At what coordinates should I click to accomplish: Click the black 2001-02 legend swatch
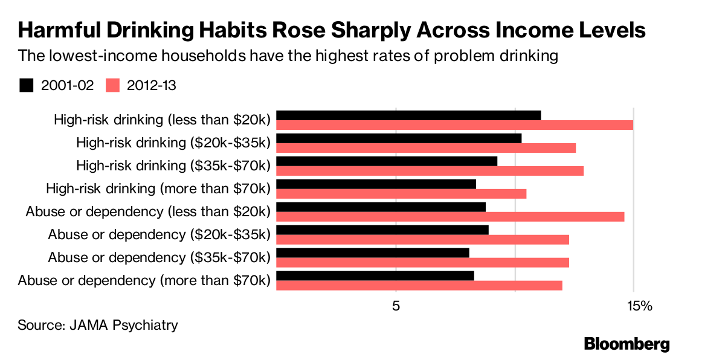tap(27, 85)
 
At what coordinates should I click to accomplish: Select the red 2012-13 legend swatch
tap(114, 85)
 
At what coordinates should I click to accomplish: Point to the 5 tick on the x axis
tap(396, 306)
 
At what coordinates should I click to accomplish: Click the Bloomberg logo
tap(627, 344)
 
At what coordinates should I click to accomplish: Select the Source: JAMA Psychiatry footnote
tap(98, 325)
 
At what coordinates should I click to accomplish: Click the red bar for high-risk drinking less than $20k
tap(454, 125)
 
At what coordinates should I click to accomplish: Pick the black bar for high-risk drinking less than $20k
tap(408, 115)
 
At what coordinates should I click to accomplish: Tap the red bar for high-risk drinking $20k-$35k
tap(426, 148)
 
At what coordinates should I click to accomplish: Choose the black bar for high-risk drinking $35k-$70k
tap(387, 161)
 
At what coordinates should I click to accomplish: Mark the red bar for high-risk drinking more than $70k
tap(401, 194)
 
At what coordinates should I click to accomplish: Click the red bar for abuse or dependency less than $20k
tap(450, 217)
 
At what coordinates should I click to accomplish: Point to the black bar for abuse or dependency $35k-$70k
tap(373, 253)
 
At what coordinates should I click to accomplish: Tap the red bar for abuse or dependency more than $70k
tap(419, 286)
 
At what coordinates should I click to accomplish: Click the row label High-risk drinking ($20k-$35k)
tap(173, 143)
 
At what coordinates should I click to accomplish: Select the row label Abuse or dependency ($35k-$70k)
tap(159, 257)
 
